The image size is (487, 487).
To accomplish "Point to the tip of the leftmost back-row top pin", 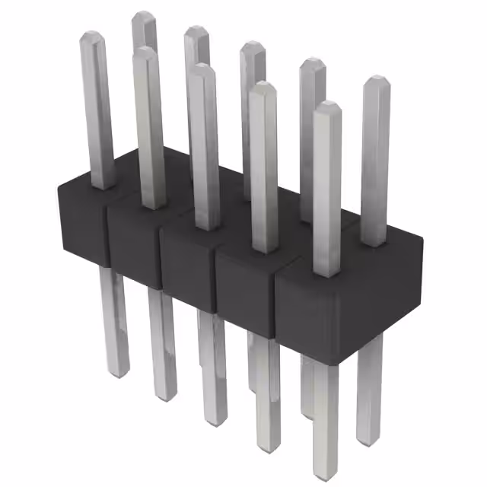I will tap(143, 17).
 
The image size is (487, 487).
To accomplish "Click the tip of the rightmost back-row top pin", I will tap(375, 81).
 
